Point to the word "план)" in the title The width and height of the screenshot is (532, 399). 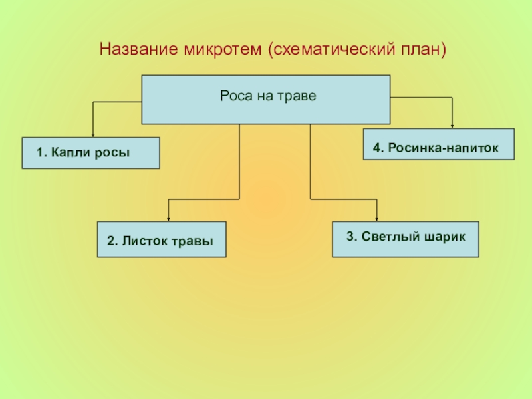418,50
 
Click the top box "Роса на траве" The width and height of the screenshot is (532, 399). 266,100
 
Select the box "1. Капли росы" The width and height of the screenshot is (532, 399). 90,153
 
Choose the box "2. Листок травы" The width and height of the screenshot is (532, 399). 162,239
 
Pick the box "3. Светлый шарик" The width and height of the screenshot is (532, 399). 405,239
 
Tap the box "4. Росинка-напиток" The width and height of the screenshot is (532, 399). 439,144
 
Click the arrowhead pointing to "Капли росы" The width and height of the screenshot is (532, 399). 92,134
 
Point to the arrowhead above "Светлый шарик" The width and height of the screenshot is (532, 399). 377,217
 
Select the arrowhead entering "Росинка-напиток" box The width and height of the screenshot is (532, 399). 452,124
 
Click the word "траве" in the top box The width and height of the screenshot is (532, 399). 299,96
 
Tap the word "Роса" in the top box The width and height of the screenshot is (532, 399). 235,96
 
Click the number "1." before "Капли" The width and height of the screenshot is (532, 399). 41,153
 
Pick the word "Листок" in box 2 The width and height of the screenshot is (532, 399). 141,242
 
